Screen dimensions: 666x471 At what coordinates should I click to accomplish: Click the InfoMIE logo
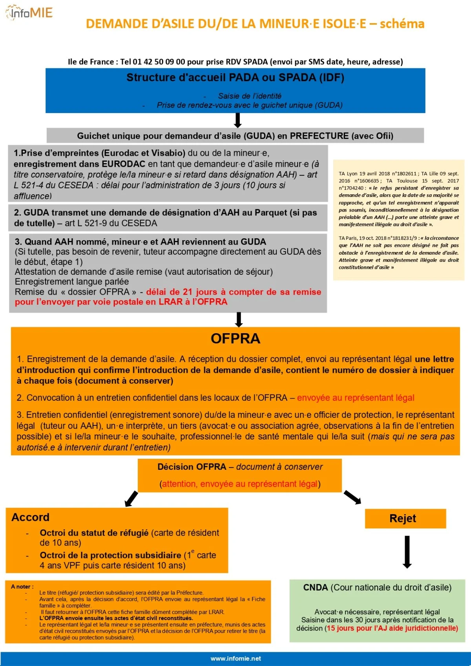click(x=29, y=13)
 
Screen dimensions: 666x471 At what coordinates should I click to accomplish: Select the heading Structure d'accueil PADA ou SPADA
click(x=235, y=78)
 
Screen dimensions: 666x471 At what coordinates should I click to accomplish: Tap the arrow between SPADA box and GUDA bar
click(x=237, y=120)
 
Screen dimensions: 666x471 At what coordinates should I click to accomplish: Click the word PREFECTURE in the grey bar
click(x=319, y=136)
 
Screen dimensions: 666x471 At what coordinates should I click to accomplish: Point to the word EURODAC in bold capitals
click(x=123, y=164)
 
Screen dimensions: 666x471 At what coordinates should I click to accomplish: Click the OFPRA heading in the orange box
click(x=235, y=339)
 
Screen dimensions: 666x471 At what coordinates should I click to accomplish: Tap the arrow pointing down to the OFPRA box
click(x=239, y=319)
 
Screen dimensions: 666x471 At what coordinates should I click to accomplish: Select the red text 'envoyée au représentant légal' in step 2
click(x=356, y=398)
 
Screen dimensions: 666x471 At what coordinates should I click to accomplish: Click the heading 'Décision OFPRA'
click(x=192, y=467)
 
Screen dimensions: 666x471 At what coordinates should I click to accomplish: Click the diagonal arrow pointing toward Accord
click(x=131, y=499)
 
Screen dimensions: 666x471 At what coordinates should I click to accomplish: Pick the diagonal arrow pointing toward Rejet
click(x=352, y=497)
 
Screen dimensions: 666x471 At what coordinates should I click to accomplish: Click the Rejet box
click(x=405, y=518)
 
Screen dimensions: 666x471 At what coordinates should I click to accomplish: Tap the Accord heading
click(x=31, y=517)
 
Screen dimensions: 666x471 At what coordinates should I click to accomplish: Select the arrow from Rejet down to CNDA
click(x=407, y=552)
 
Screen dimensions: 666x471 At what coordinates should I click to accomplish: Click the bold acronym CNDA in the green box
click(x=315, y=588)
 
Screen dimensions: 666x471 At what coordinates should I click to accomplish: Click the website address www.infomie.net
click(x=235, y=659)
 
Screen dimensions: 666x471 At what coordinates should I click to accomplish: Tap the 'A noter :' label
click(x=22, y=587)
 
